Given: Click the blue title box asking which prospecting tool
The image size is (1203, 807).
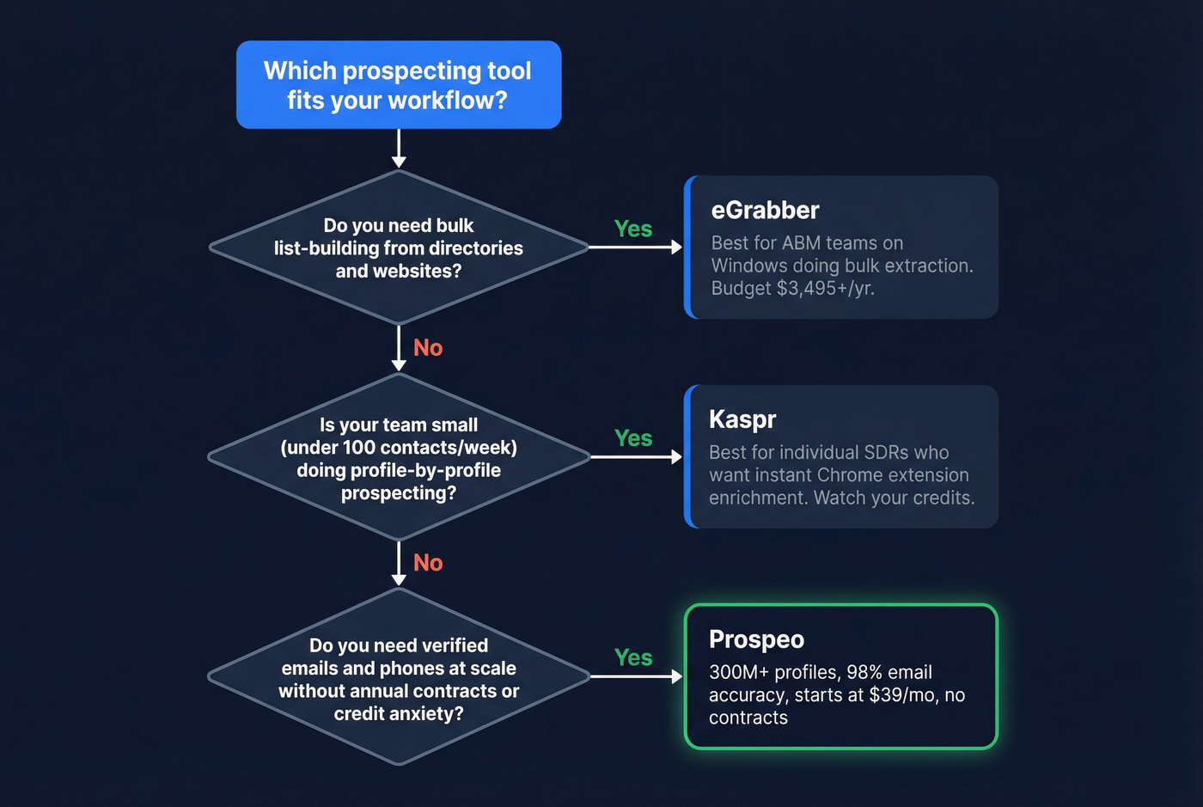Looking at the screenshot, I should point(399,85).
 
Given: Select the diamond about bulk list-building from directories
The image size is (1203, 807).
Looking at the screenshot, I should point(399,248).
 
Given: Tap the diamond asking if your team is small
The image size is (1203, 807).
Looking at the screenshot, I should point(399,458).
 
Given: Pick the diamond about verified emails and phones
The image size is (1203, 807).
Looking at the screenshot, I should point(399,678).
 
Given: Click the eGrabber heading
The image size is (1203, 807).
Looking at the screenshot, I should point(765,211).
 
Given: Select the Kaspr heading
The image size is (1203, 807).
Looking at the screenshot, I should point(742,419).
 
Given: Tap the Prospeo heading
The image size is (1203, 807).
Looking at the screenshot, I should point(756,639).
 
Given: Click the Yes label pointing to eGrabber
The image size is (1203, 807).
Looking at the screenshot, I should point(633,229).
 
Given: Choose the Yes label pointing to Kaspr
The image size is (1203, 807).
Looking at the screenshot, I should point(633,438).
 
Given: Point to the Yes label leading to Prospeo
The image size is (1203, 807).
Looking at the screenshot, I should point(633,658).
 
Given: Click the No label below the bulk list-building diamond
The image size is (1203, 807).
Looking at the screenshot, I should point(428,348).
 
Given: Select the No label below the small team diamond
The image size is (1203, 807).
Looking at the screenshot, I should point(428,563).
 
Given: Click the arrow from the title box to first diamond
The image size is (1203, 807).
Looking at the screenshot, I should point(399,149).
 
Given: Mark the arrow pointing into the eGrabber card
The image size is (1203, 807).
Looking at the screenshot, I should point(636,248).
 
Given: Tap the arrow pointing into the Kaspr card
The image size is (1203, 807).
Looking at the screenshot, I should point(636,457).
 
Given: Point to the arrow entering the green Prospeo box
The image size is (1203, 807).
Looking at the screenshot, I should point(636,677).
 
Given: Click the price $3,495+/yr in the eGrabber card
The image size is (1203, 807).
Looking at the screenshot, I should point(825,289).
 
